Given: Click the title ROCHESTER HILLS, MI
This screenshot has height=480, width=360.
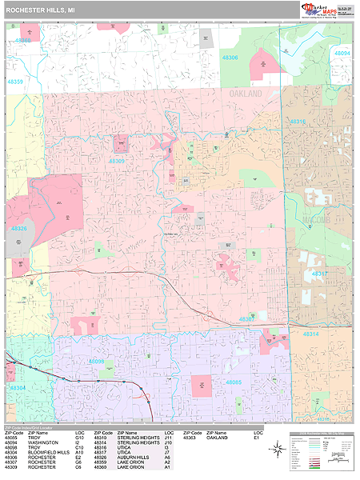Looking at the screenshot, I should pos(41,10).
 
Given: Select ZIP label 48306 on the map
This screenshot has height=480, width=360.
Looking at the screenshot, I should pos(230,58).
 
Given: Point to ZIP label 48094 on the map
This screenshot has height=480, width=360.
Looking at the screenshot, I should pos(342,53).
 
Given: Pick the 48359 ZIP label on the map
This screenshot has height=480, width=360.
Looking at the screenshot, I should pos(16,82).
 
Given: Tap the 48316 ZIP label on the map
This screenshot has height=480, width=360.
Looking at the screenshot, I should pos(298,122).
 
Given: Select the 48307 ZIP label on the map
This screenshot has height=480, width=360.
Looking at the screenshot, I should pos(246,318).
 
